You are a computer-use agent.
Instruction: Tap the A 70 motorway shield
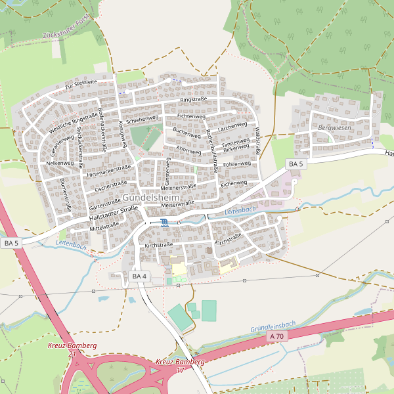click(276, 336)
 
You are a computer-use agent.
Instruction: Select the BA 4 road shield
click(139, 276)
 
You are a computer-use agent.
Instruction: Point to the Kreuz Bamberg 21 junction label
click(72, 349)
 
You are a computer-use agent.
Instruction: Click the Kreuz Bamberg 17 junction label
click(180, 366)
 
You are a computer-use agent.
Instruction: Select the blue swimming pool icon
click(164, 223)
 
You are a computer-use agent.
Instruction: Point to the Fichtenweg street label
click(192, 116)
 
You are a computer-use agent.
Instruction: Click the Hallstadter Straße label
click(113, 211)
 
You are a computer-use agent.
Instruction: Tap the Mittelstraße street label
click(104, 226)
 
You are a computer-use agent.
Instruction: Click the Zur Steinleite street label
click(81, 85)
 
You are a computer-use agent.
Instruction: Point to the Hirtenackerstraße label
click(108, 171)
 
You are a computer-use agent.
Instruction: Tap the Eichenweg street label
click(233, 185)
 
